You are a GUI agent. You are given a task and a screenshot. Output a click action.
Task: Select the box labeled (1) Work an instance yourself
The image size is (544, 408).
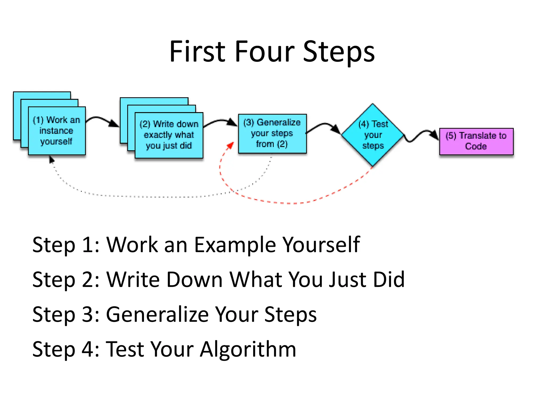57,131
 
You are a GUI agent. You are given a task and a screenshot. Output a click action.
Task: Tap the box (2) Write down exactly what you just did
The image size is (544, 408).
169,135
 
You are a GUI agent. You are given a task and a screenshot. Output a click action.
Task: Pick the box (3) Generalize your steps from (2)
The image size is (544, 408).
272,133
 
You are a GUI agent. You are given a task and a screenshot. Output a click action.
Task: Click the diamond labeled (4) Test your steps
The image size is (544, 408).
373,135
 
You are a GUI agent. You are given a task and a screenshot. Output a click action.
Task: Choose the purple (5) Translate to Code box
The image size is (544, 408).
476,141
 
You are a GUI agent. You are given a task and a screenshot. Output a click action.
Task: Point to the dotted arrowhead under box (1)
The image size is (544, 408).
52,160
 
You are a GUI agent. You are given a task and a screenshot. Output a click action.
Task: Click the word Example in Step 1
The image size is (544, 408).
235,245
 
